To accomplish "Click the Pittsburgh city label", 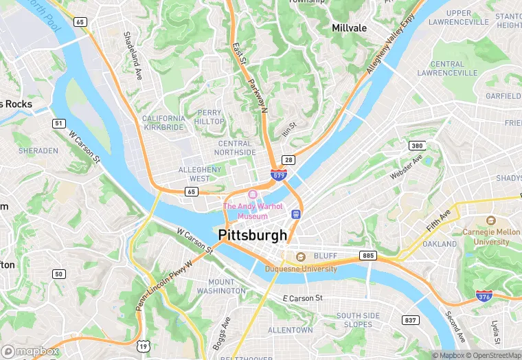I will tap(253, 236).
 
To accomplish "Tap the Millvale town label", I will tap(349, 28).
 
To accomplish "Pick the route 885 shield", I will tap(368, 256).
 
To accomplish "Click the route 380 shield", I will tap(416, 146).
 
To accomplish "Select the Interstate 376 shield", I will tap(484, 295).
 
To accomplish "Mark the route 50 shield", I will tap(59, 274).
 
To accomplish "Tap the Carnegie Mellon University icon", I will tap(490, 221).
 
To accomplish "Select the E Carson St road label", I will tap(303, 298).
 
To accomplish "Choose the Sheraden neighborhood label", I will tap(38, 150).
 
